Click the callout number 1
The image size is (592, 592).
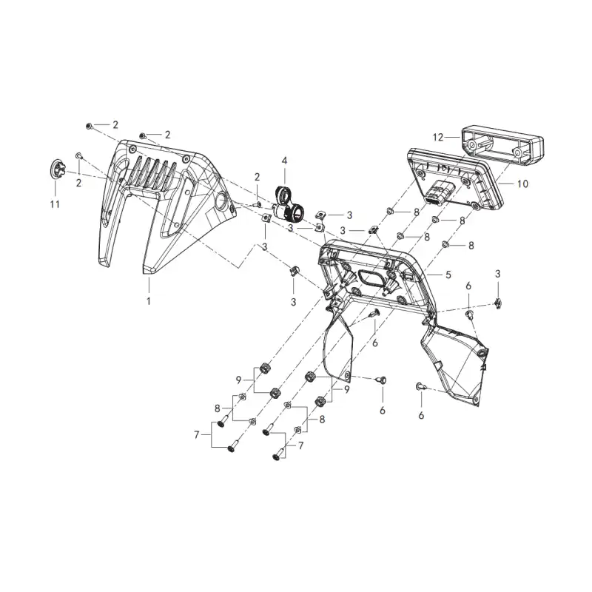pos(149,301)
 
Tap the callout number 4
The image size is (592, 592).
pos(284,161)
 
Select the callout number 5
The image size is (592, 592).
pos(448,275)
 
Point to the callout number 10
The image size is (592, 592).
pos(523,184)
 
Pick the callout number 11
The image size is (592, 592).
pos(55,204)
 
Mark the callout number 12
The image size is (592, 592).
pos(438,138)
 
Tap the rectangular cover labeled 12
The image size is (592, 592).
pos(502,144)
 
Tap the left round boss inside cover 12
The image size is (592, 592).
pos(472,145)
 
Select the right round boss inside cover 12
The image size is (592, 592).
pos(517,152)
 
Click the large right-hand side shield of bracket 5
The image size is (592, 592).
pos(455,363)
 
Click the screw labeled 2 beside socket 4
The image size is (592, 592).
pos(258,205)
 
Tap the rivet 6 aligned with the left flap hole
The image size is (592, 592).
pos(382,380)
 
